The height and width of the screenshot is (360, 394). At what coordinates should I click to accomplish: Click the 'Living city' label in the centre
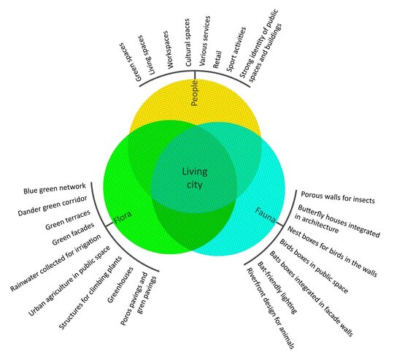[x=195, y=178]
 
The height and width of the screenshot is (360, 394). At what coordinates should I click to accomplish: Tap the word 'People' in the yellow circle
[x=195, y=93]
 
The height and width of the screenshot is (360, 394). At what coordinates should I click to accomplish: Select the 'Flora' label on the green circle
[x=123, y=217]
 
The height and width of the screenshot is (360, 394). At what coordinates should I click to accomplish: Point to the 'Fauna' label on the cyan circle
[x=266, y=215]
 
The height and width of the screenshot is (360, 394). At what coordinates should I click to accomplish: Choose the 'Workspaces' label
[x=167, y=50]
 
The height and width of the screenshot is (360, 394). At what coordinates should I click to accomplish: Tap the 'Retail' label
[x=217, y=59]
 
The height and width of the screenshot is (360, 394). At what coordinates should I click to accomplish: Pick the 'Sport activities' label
[x=236, y=49]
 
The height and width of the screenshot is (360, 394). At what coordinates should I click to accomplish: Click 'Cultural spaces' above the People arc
[x=188, y=42]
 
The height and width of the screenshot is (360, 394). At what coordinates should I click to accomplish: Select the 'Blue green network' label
[x=55, y=188]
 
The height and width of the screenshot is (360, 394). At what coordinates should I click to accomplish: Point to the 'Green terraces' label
[x=68, y=220]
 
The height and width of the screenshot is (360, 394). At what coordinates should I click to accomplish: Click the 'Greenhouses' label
[x=120, y=285]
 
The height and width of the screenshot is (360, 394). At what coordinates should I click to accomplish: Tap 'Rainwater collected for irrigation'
[x=55, y=263]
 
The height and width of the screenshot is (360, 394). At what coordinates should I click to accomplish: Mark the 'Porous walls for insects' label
[x=338, y=197]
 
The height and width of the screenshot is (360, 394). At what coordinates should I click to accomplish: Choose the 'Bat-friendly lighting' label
[x=277, y=288]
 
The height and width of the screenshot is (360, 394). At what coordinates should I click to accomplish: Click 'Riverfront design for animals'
[x=270, y=308]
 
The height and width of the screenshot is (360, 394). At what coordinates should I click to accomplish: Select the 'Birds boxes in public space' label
[x=314, y=267]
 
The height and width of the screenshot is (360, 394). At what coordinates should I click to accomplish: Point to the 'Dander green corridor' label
[x=53, y=206]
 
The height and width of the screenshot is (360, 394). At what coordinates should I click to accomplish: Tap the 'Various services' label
[x=204, y=41]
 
